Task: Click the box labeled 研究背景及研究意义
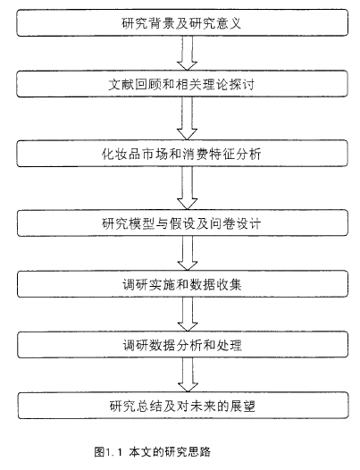tap(182, 22)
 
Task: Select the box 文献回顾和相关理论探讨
tap(182, 84)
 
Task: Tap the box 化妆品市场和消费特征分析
tap(182, 154)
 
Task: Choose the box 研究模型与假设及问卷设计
tap(182, 223)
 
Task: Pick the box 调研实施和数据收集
tap(182, 284)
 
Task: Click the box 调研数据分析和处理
tap(182, 345)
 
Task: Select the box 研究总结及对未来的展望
tap(183, 406)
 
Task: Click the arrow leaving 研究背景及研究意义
tap(187, 54)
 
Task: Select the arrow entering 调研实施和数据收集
tap(188, 253)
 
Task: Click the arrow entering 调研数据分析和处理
tap(188, 315)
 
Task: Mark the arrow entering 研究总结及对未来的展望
tap(188, 375)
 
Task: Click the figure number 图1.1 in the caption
tap(108, 452)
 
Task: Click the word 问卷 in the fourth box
tap(222, 223)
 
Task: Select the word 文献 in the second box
tap(121, 84)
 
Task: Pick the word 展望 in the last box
tap(243, 406)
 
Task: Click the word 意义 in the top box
tap(229, 23)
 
